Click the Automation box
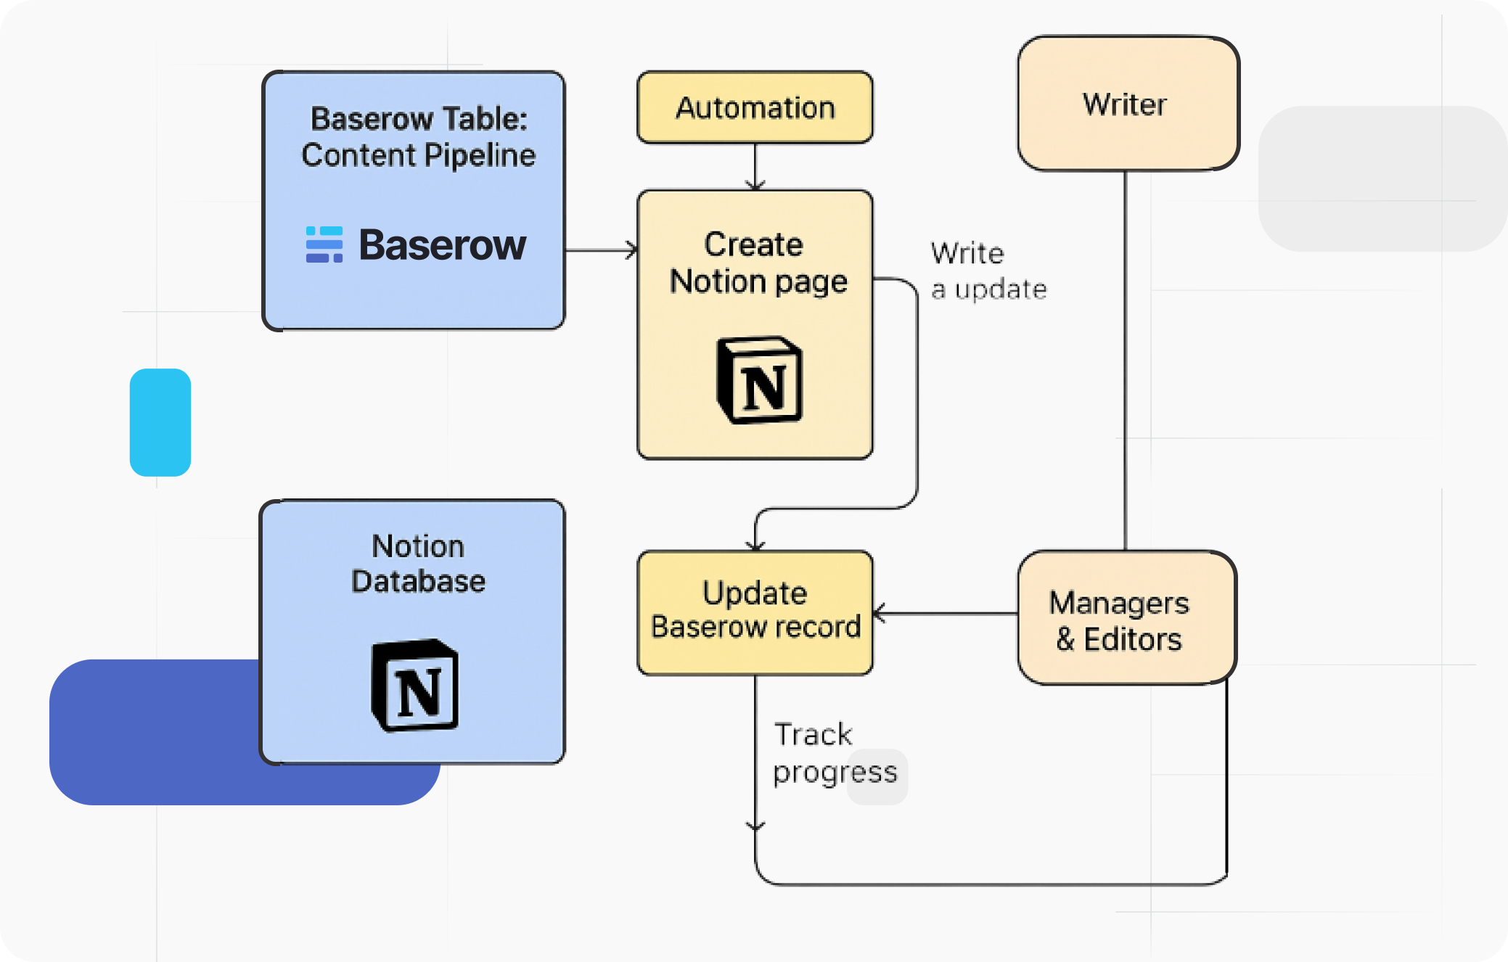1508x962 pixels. click(x=755, y=107)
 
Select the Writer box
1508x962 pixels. click(x=1127, y=104)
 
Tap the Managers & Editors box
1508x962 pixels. click(x=1126, y=619)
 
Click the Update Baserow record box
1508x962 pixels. click(x=755, y=612)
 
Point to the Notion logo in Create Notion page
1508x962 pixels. click(x=760, y=380)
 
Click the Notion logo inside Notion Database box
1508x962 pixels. click(x=415, y=686)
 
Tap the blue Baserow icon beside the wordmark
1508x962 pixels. click(x=324, y=244)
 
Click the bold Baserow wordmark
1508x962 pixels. click(x=442, y=245)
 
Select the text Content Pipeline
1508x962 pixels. click(x=418, y=155)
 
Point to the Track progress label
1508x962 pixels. click(x=835, y=753)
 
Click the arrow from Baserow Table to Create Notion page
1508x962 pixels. click(x=601, y=250)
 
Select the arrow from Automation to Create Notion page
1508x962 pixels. click(x=755, y=167)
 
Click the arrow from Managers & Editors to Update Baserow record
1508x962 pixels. click(x=943, y=613)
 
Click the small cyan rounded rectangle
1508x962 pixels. click(x=160, y=422)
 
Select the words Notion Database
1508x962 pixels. click(x=418, y=564)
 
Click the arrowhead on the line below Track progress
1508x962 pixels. click(x=755, y=826)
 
